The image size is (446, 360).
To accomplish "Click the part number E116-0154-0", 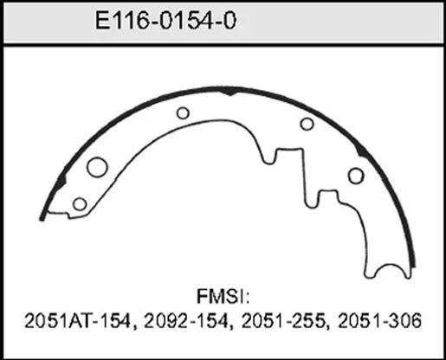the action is [165, 21].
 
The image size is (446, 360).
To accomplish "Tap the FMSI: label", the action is [223, 297].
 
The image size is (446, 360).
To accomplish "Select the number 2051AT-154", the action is [78, 320].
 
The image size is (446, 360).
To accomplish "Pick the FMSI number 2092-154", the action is [186, 320].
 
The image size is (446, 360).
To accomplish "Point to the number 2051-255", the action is [283, 320].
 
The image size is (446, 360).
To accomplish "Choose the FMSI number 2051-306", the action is [379, 320].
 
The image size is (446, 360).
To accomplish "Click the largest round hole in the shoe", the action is [97, 167].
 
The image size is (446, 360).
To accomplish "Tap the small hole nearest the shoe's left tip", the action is [80, 204].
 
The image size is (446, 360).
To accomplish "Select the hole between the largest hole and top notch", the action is [183, 112].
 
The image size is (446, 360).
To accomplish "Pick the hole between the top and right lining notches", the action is [307, 124].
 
